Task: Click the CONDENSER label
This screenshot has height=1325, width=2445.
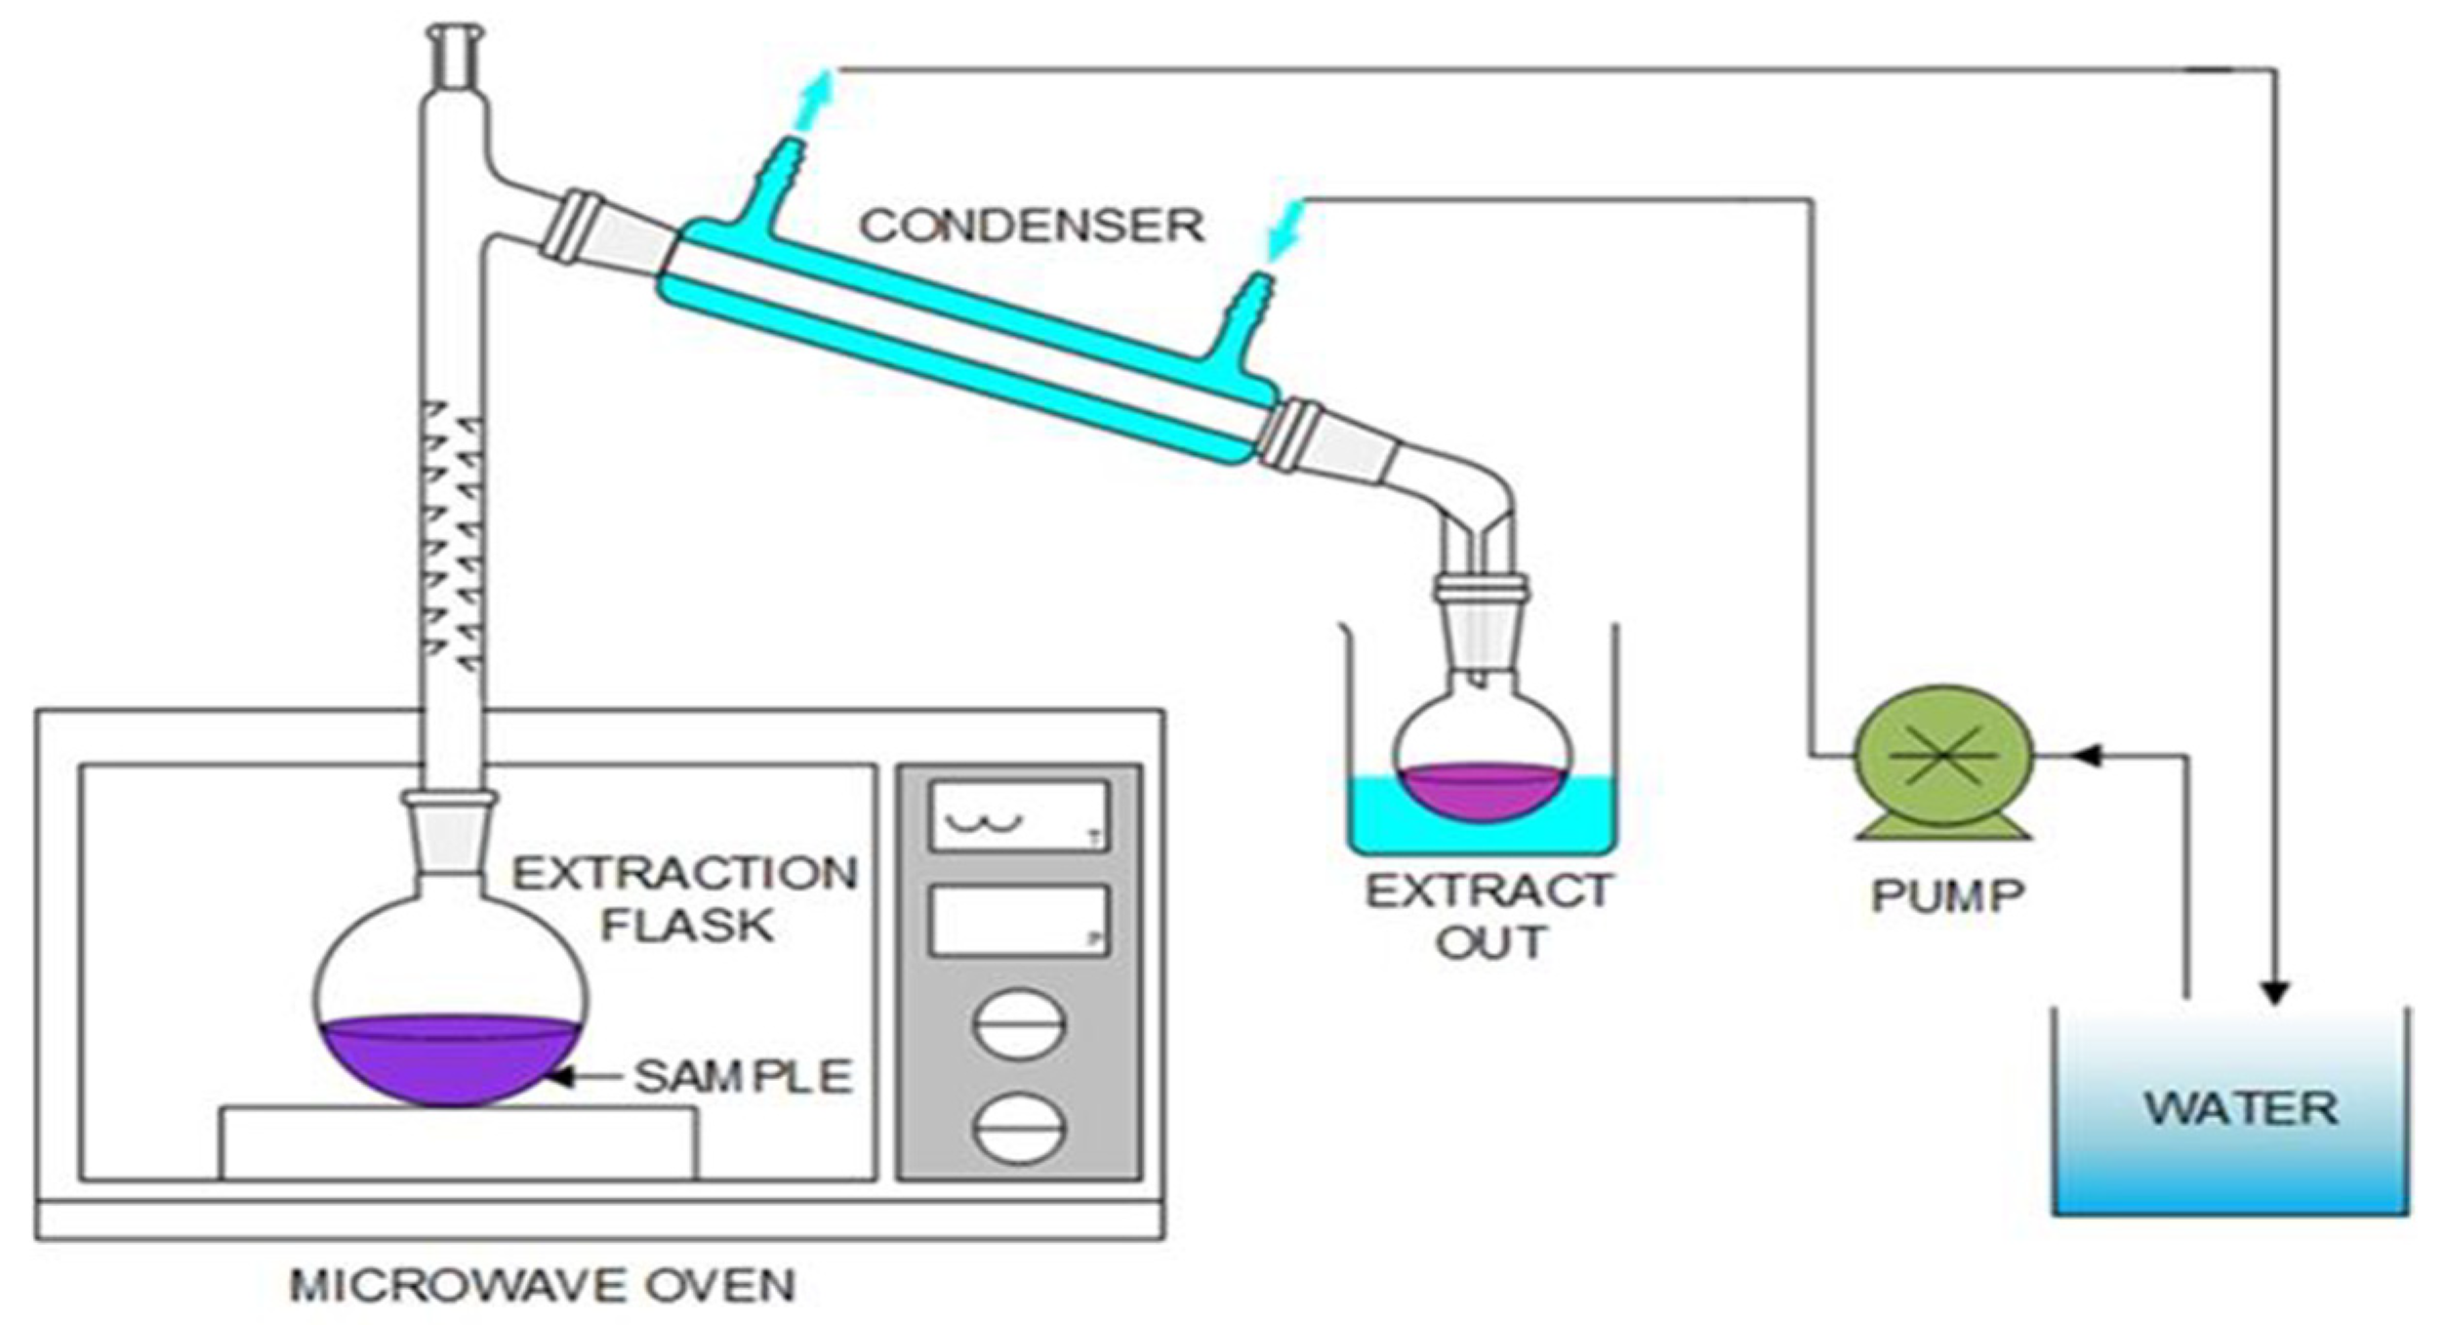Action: click(1031, 226)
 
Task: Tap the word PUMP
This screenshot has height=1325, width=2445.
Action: click(1947, 894)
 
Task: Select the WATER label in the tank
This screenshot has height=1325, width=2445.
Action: click(2240, 1108)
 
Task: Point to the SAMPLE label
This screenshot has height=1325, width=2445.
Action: click(744, 1076)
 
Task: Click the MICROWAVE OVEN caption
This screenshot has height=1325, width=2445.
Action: click(543, 1285)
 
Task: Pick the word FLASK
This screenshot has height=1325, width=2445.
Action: click(687, 925)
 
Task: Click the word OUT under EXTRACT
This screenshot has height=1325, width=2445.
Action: click(1491, 943)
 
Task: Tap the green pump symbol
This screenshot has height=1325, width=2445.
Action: click(1943, 757)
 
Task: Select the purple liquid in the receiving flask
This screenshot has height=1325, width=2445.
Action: click(1482, 790)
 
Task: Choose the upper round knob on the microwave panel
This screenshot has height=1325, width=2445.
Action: click(1018, 1024)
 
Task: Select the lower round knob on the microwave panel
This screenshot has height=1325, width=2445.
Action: click(1018, 1128)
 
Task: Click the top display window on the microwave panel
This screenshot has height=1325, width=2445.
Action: click(1018, 815)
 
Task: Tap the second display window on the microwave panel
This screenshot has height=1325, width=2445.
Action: click(1018, 920)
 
